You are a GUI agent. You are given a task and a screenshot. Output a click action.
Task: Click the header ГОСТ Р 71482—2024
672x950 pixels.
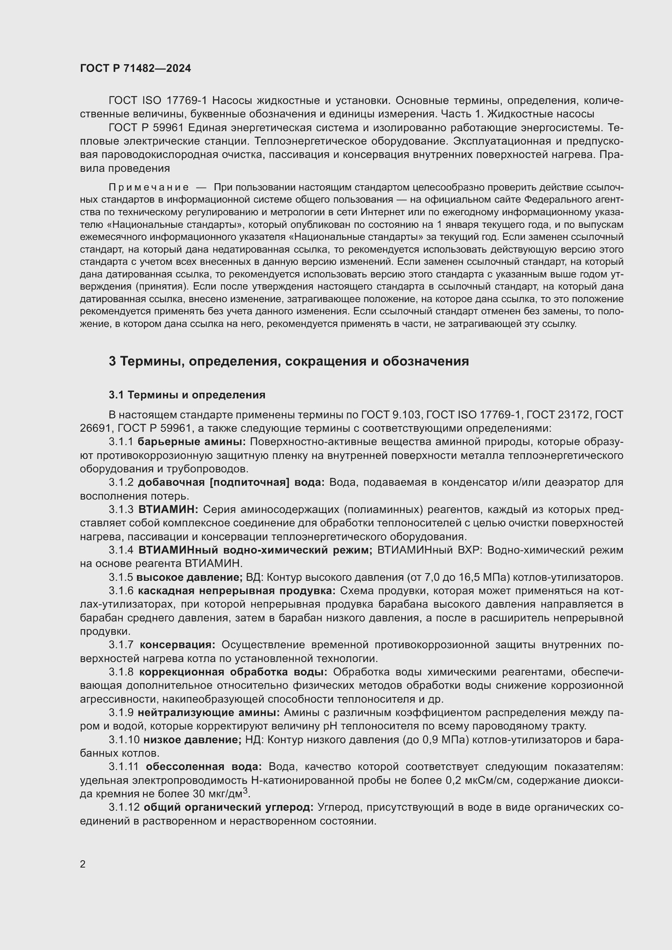coord(135,69)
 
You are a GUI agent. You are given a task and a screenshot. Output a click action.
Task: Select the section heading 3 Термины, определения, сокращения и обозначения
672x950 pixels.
coord(288,361)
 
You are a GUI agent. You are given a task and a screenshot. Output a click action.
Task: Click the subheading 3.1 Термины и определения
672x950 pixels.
coord(186,395)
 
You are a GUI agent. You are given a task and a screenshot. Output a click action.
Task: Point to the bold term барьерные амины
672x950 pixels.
coord(192,442)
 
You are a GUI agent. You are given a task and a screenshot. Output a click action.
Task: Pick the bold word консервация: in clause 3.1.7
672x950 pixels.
coord(178,645)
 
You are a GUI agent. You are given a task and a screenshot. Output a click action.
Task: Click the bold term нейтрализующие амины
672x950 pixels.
coord(209,712)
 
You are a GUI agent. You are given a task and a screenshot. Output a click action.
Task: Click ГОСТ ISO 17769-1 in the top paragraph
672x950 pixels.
coord(158,101)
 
